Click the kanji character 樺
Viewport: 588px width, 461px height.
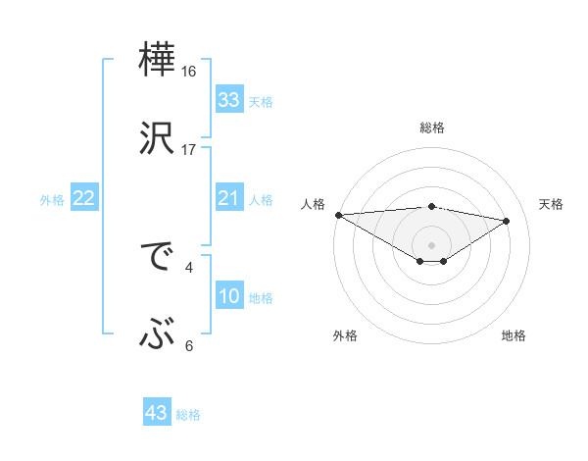pos(158,60)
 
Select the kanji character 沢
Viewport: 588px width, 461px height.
pos(158,138)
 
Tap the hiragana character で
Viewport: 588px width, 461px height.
pos(158,258)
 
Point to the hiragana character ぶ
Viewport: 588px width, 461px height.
pos(158,336)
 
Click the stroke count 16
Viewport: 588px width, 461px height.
pos(189,72)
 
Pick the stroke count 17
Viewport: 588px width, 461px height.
pos(189,150)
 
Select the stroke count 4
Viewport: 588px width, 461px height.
pos(189,266)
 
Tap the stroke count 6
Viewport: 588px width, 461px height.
pos(189,345)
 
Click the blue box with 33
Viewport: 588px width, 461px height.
pos(228,100)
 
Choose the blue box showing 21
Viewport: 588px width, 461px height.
pos(228,199)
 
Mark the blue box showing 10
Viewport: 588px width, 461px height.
pos(228,297)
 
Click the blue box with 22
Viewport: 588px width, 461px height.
pos(84,199)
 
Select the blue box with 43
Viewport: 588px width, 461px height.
pos(157,413)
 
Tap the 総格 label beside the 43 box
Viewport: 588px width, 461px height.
pos(188,415)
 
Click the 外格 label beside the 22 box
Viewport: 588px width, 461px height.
pos(52,200)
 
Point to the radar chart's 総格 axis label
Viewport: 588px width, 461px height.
pos(431,128)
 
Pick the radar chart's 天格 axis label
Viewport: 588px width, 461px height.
pos(551,204)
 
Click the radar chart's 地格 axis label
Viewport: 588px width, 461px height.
pos(514,336)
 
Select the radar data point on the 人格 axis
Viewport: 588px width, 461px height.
pos(338,215)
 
